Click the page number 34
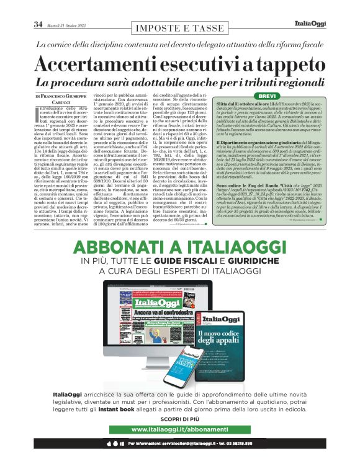[38, 24]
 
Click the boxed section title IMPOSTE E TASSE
[179, 28]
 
